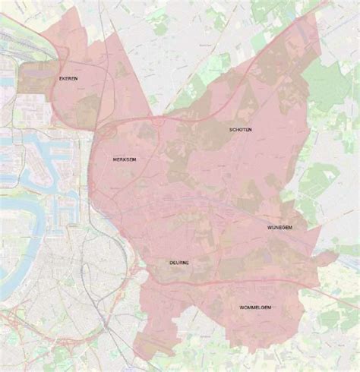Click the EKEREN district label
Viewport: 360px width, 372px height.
click(x=68, y=78)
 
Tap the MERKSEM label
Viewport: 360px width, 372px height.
click(x=124, y=160)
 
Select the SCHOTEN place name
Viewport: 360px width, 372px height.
click(x=241, y=130)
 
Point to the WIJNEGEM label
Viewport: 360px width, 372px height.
click(x=280, y=227)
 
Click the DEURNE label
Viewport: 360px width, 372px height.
click(x=179, y=263)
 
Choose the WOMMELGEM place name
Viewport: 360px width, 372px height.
click(x=255, y=307)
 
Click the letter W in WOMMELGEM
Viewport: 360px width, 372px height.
click(x=241, y=307)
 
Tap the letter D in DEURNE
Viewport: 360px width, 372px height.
click(x=171, y=263)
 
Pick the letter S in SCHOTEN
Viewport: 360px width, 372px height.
click(x=231, y=130)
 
